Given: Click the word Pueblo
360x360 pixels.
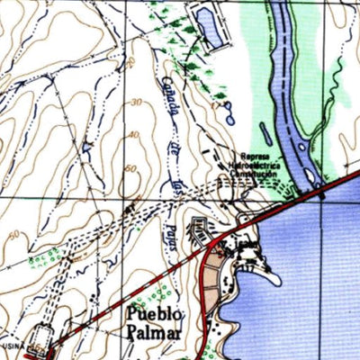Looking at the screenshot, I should click(156, 314).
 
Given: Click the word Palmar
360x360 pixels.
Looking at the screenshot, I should click(155, 334).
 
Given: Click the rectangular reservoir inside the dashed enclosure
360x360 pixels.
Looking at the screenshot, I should click(209, 25).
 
